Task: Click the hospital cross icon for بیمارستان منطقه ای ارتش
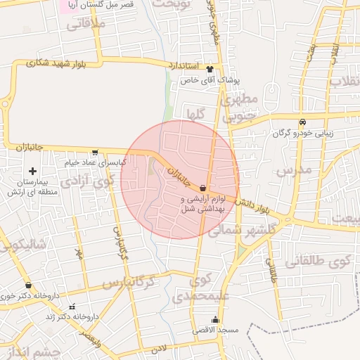(x=32, y=171)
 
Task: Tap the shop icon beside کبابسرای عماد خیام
(x=95, y=151)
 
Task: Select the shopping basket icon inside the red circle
(x=203, y=188)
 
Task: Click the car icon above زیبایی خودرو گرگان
(x=302, y=121)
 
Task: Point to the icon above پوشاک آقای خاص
(x=210, y=69)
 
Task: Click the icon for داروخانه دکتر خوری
(x=28, y=285)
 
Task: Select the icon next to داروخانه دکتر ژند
(x=72, y=307)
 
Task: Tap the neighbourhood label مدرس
(x=292, y=171)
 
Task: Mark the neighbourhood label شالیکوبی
(x=22, y=244)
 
